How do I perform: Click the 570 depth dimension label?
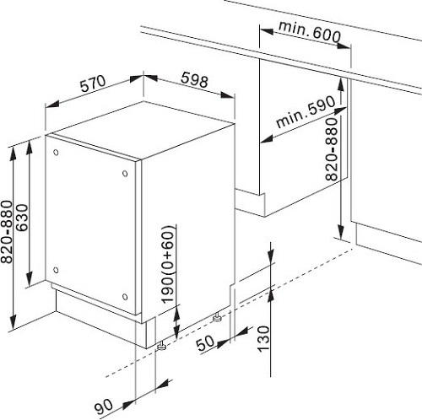point(93,83)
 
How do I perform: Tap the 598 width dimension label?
point(195,79)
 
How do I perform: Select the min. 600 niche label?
point(310,31)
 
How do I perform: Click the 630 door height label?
point(22,218)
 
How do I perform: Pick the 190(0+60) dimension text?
point(169,264)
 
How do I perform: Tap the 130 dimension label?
point(264,339)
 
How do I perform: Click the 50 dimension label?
point(205,343)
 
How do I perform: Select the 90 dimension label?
point(104,407)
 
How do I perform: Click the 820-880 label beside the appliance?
point(7,232)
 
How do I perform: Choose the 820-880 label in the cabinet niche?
point(331,149)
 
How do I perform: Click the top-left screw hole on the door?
point(56,153)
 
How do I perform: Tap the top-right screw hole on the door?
point(125,174)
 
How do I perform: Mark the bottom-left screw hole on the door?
point(56,270)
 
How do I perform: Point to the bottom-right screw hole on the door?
point(125,297)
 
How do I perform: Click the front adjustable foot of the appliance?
point(161,347)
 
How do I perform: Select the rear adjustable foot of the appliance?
point(217,318)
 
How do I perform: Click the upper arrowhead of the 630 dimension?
point(29,148)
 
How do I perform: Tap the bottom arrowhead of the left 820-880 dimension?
point(13,322)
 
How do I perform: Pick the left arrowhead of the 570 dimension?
point(53,104)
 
